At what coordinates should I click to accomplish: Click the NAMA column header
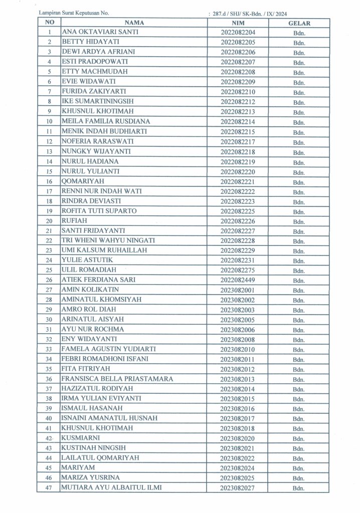tap(134, 23)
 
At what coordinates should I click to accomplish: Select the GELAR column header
tap(299, 23)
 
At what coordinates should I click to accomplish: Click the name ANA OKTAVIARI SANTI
tap(100, 32)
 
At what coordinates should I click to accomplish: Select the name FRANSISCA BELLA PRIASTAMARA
tap(117, 379)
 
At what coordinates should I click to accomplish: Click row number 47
tap(49, 488)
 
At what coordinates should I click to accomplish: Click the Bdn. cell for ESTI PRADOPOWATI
tap(300, 62)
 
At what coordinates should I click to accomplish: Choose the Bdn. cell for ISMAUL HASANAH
tap(300, 409)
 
